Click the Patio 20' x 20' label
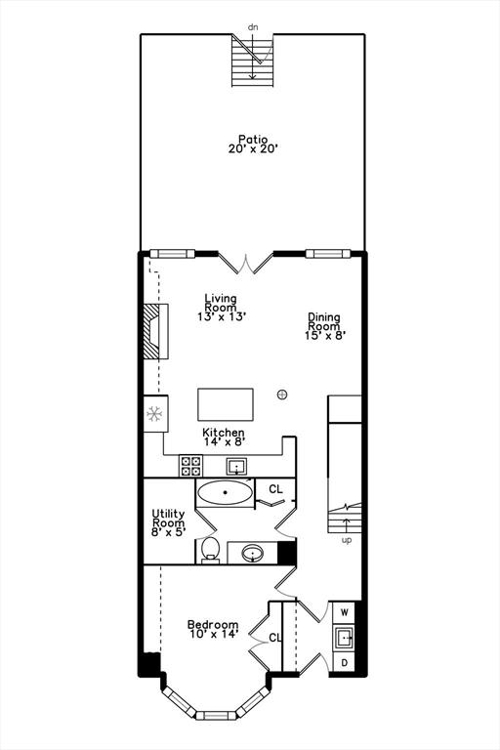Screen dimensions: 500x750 click(253, 144)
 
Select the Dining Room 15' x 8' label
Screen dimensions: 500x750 click(325, 326)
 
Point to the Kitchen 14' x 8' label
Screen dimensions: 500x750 click(224, 437)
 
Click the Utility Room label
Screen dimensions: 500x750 click(168, 522)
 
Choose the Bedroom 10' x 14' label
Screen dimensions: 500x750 click(213, 630)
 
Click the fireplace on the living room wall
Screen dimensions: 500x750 click(156, 330)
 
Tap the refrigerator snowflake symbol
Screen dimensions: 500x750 click(154, 414)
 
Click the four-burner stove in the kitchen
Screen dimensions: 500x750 click(190, 466)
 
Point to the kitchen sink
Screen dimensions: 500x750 click(236, 466)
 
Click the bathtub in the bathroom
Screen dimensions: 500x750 click(225, 492)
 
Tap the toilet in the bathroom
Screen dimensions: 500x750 click(210, 550)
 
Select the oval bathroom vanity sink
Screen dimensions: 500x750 click(253, 554)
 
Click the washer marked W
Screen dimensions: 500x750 click(344, 612)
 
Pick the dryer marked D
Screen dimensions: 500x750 click(344, 662)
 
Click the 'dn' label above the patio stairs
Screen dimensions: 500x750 click(253, 27)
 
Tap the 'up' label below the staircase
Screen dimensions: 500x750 click(347, 540)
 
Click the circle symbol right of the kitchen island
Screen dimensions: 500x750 click(282, 395)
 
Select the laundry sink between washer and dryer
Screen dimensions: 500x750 click(344, 638)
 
